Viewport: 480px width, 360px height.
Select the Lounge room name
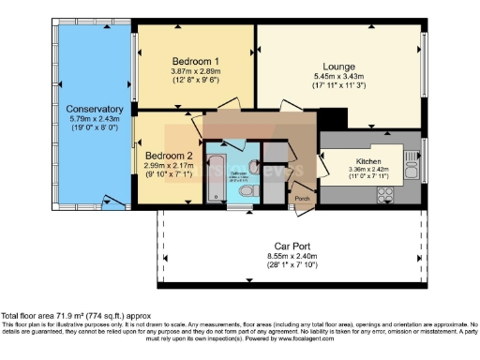click(338, 67)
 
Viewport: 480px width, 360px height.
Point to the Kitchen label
click(368, 161)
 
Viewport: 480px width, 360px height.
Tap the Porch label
click(302, 198)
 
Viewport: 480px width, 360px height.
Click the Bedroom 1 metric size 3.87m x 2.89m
click(194, 70)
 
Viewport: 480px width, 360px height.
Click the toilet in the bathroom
click(246, 191)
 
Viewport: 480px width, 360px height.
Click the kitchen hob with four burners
click(383, 193)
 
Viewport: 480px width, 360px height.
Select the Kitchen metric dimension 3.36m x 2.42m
click(368, 171)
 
